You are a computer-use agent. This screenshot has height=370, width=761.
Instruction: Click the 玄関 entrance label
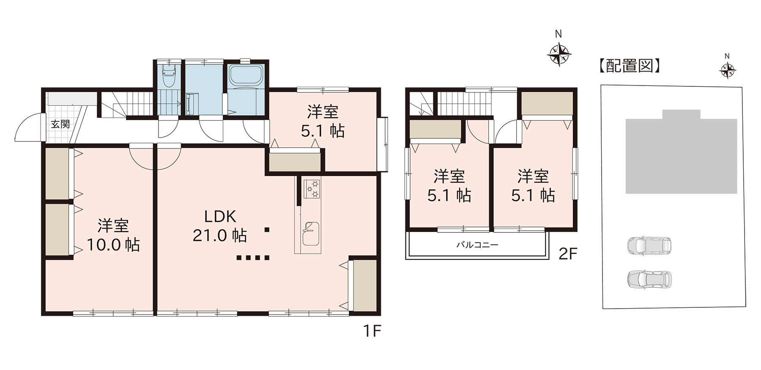pos(60,124)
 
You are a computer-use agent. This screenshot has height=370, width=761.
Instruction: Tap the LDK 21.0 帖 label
pos(220,226)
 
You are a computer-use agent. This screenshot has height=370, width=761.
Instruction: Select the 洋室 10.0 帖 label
pos(113,235)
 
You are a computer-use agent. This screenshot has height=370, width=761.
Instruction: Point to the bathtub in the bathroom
pos(246,75)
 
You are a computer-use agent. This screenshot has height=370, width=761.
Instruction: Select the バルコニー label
pos(477,245)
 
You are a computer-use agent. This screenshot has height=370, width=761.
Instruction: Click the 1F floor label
pos(372,331)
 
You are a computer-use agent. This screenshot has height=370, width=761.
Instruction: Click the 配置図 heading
pos(629,66)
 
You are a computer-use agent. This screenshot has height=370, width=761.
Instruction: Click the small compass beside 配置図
pos(727,70)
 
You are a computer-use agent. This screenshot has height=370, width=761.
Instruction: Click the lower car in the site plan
pos(649,279)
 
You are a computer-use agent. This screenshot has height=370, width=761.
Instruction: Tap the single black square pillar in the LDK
pos(267,230)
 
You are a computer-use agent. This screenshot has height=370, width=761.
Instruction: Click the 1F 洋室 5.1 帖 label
pos(323,122)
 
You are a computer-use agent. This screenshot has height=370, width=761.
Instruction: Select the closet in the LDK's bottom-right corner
pos(365,286)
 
